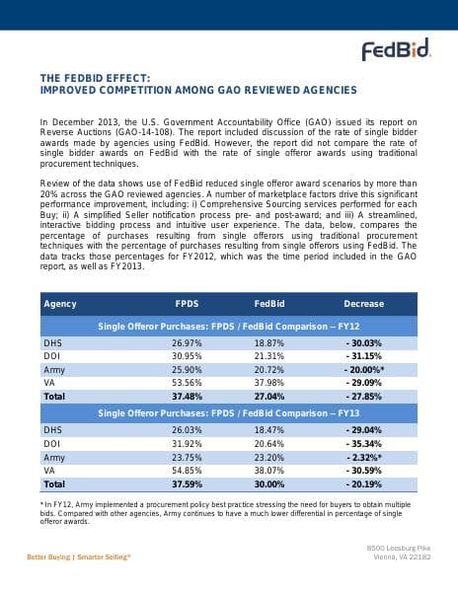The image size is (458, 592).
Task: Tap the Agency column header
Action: pos(60,304)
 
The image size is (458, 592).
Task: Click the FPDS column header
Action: pos(187,304)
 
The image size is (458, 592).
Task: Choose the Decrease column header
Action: pos(363,304)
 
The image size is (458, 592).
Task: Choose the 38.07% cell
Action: pos(269,471)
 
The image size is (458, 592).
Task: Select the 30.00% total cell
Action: pos(269,484)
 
